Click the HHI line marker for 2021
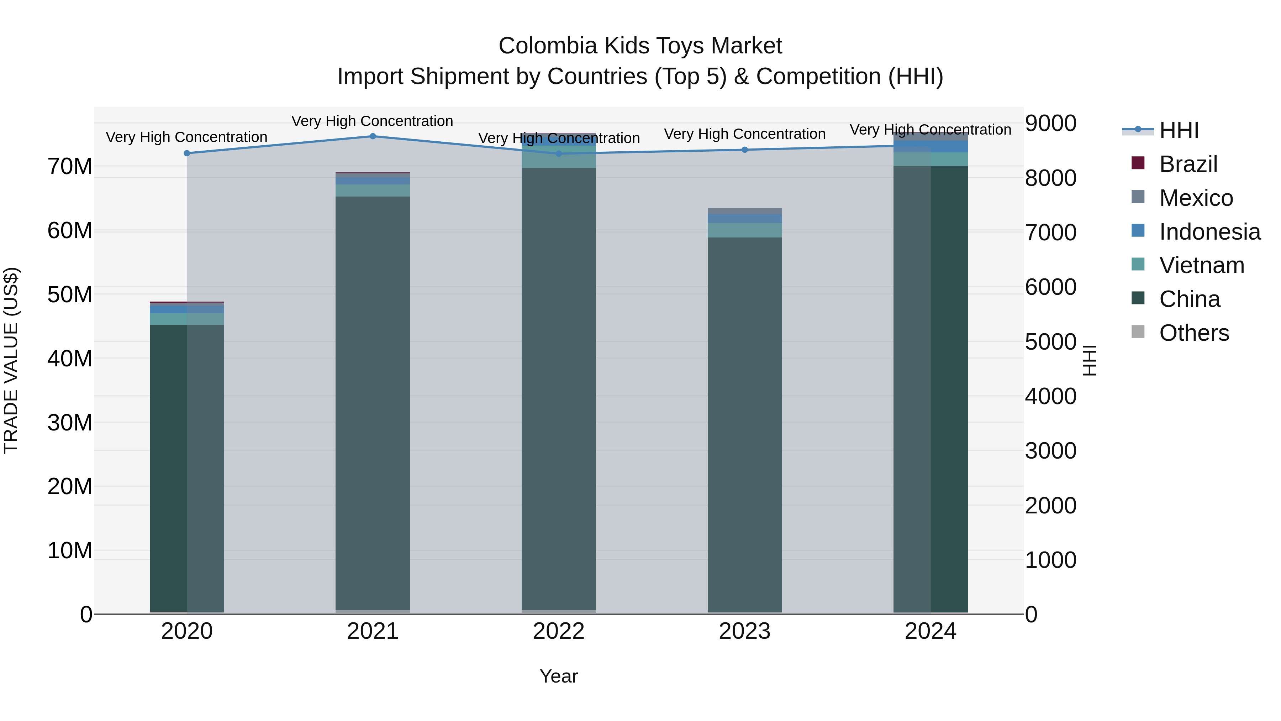pyautogui.click(x=373, y=136)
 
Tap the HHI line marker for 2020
pyautogui.click(x=187, y=153)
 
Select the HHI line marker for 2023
pyautogui.click(x=744, y=150)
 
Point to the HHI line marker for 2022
pyautogui.click(x=558, y=154)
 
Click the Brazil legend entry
pyautogui.click(x=1188, y=164)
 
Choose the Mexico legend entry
pyautogui.click(x=1196, y=198)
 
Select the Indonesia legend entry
pyautogui.click(x=1209, y=232)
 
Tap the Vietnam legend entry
pyautogui.click(x=1201, y=265)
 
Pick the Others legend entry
pyautogui.click(x=1193, y=333)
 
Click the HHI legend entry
pyautogui.click(x=1179, y=130)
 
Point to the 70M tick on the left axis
pyautogui.click(x=70, y=167)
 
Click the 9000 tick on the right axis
pyautogui.click(x=1050, y=124)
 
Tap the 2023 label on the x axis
pyautogui.click(x=744, y=631)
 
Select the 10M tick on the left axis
pyautogui.click(x=70, y=551)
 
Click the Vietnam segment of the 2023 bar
pyautogui.click(x=744, y=230)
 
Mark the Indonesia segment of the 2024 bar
pyautogui.click(x=931, y=147)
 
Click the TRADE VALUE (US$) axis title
pyautogui.click(x=11, y=360)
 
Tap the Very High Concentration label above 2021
pyautogui.click(x=373, y=121)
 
